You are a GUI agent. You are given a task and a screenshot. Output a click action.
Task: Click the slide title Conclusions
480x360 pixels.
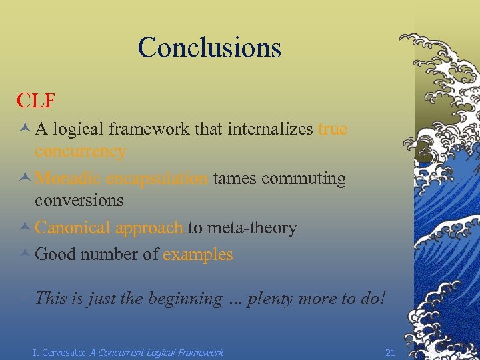click(209, 47)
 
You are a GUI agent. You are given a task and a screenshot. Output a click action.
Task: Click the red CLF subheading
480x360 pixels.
click(36, 101)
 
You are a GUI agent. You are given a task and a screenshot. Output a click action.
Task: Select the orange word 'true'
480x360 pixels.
click(333, 129)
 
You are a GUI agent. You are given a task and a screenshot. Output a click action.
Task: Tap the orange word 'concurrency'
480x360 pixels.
click(80, 152)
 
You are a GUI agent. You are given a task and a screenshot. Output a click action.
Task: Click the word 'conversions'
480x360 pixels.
click(79, 201)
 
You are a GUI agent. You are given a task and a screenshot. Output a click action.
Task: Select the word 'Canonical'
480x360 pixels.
click(73, 228)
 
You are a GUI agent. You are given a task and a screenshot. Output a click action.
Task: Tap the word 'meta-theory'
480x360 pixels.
click(252, 228)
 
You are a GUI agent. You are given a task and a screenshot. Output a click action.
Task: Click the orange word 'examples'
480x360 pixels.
click(198, 255)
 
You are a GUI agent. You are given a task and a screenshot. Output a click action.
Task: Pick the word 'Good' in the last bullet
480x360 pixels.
click(55, 255)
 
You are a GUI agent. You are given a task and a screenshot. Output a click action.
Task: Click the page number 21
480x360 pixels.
click(391, 352)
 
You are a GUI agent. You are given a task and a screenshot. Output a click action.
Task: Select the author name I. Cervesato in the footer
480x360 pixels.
click(59, 352)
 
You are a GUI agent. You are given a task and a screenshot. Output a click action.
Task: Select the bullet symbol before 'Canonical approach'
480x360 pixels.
click(24, 229)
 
